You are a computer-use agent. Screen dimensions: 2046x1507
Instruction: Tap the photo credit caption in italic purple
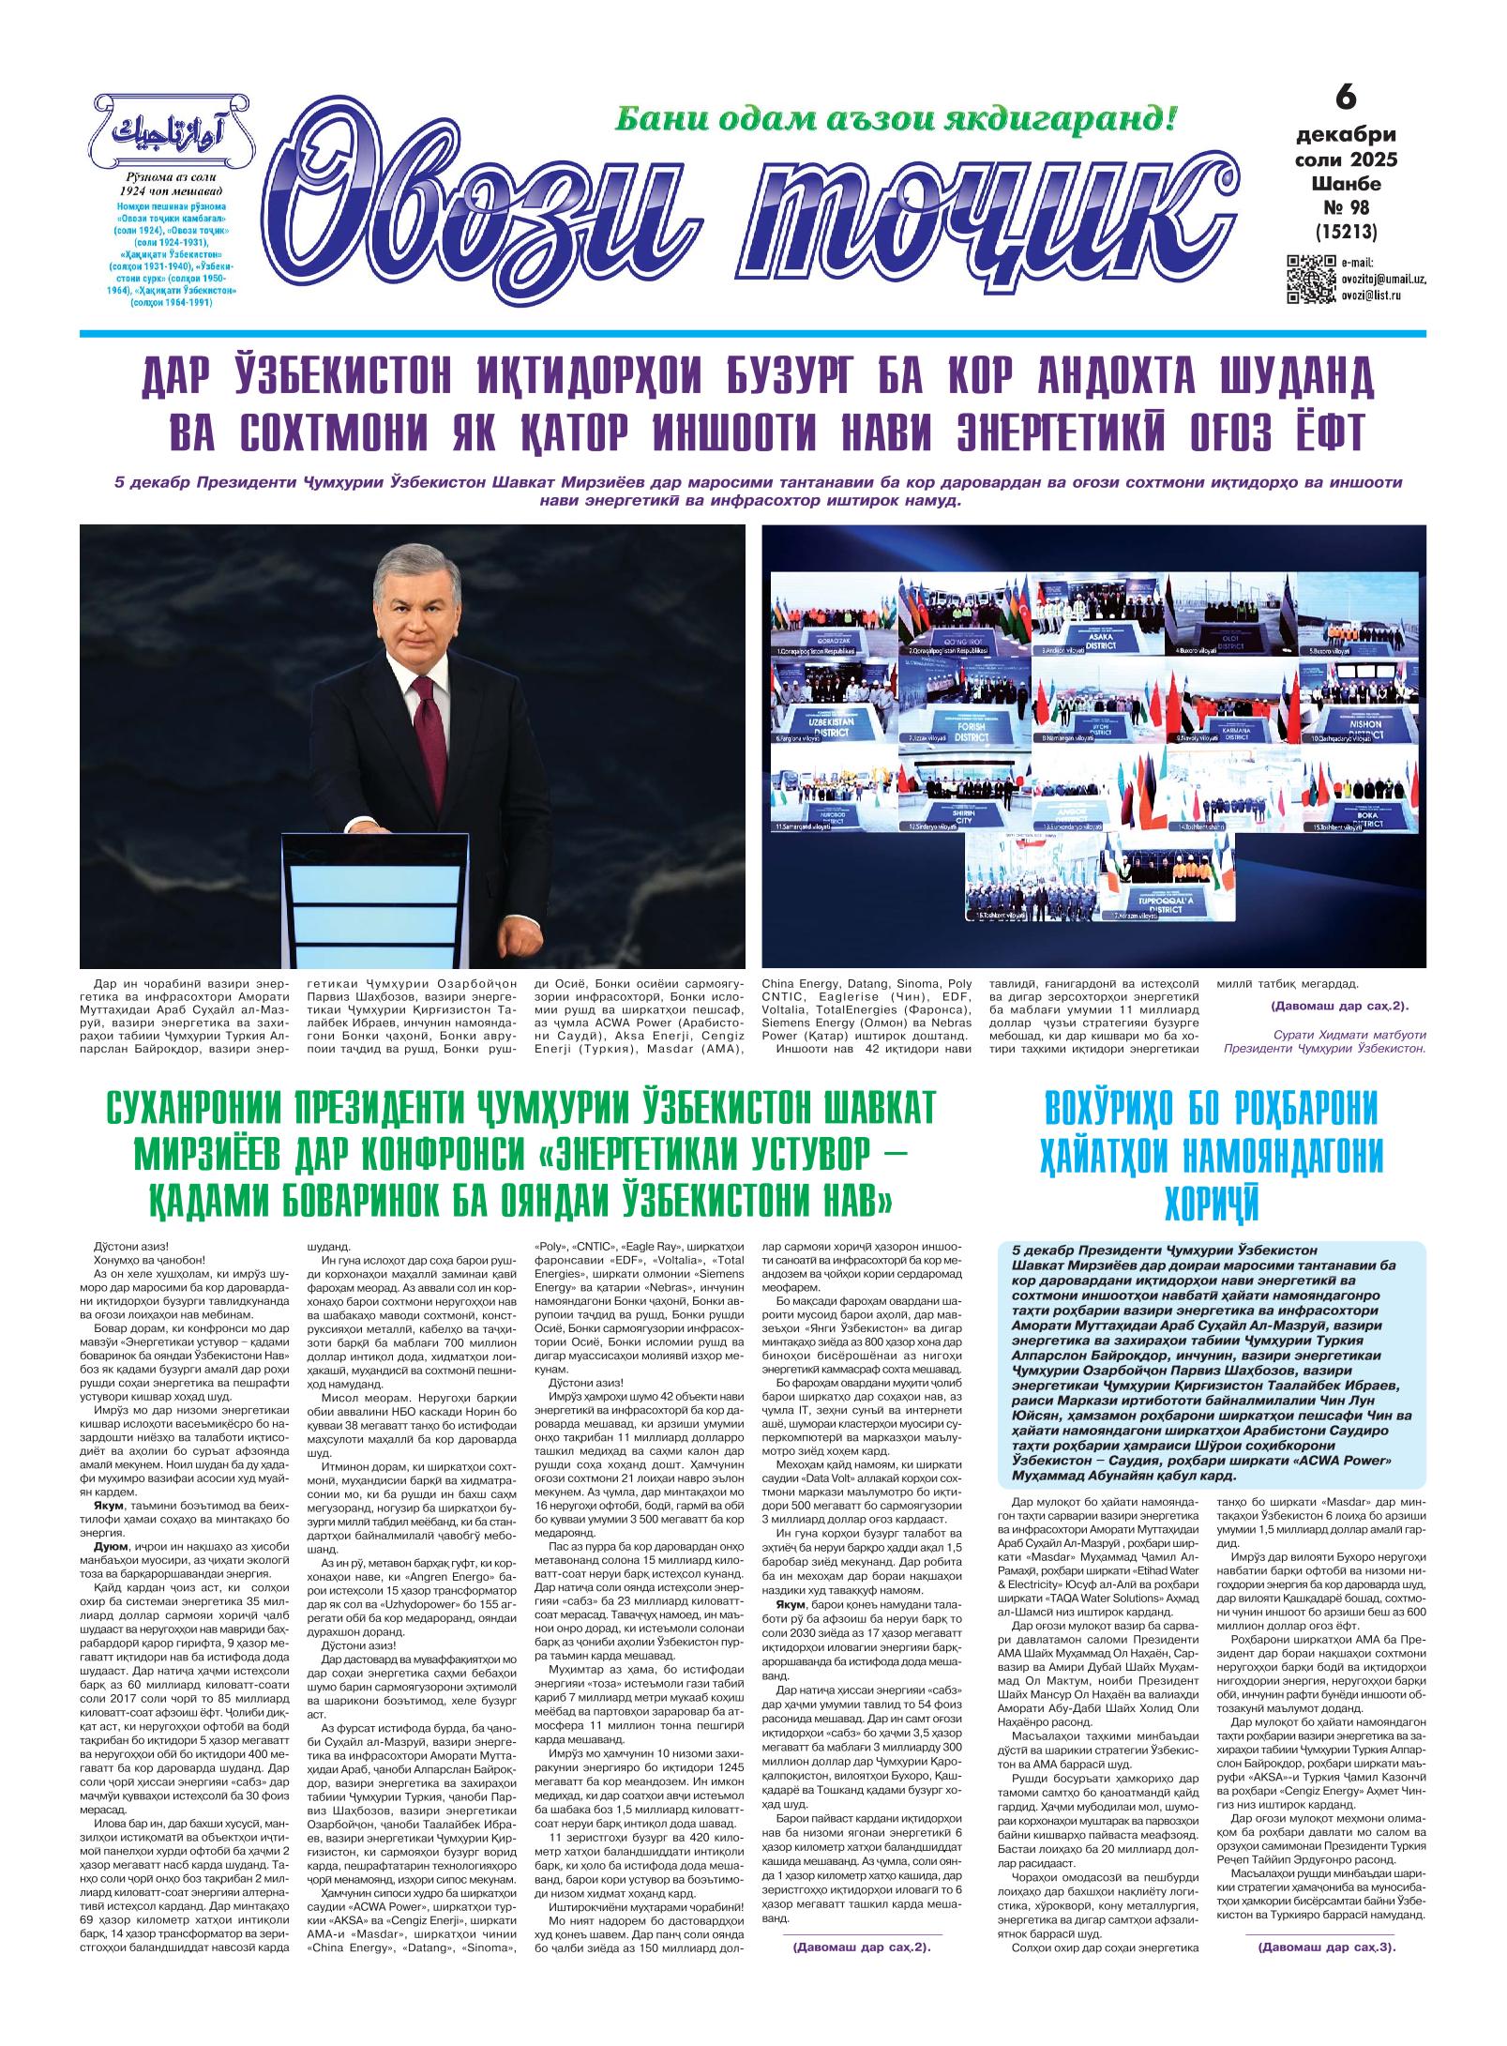coord(1322,1041)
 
